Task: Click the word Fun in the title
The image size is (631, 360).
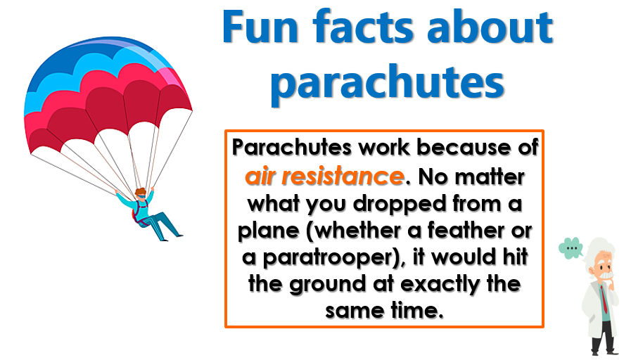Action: (260, 27)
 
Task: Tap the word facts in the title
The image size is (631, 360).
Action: (363, 27)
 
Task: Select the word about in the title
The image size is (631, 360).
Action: (490, 27)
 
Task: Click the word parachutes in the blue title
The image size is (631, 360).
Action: (387, 82)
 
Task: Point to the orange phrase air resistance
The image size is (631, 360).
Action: (324, 176)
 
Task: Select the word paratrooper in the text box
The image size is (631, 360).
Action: (330, 258)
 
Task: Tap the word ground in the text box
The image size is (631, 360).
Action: (329, 285)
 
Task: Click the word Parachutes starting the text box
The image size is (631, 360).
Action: (292, 147)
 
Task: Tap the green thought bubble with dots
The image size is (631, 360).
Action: (571, 247)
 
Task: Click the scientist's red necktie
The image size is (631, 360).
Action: (604, 300)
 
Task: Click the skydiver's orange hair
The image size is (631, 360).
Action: (140, 192)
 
